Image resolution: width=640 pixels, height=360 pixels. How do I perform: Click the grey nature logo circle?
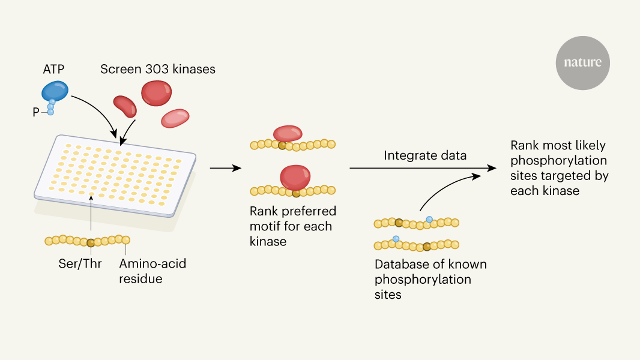582,62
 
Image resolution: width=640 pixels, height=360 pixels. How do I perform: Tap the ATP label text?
53,69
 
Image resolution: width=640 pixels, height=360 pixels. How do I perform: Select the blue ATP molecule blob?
55,91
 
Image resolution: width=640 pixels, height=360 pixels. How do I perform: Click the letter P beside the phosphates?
36,112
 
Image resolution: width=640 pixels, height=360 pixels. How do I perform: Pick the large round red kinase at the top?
156,93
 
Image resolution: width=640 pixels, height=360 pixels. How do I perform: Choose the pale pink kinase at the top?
175,118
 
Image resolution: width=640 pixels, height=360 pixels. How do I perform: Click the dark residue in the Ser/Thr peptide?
91,242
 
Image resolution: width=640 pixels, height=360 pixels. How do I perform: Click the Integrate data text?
425,155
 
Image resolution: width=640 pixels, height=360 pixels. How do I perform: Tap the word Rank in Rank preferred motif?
264,212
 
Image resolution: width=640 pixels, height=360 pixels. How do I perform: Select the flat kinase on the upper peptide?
288,134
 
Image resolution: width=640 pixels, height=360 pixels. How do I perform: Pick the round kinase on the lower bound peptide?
295,178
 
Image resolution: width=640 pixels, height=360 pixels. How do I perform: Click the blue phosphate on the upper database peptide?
429,220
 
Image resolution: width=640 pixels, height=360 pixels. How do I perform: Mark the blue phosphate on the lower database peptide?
396,239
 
